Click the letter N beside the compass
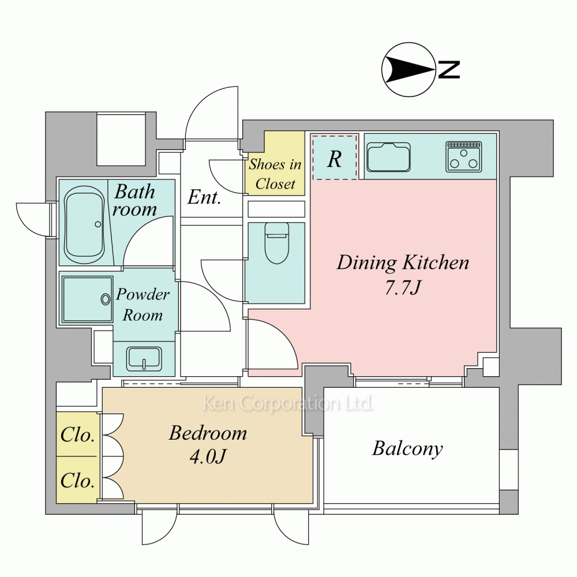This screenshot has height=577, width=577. (449, 70)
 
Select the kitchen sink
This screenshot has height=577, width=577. (388, 157)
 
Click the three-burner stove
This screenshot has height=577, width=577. (464, 157)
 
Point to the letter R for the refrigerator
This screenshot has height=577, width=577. (335, 159)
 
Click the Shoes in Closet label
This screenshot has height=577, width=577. (275, 174)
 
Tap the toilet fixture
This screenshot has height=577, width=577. (277, 243)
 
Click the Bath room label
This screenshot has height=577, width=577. (134, 200)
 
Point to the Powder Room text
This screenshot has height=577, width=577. (143, 304)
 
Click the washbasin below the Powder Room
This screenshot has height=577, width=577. (144, 359)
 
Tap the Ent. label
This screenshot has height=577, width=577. (204, 197)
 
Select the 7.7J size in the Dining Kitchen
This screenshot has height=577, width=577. (402, 287)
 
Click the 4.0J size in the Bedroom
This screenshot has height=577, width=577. (208, 456)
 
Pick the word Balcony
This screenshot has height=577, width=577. (407, 449)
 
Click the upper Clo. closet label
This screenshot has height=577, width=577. (78, 434)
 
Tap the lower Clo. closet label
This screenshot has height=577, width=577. (78, 480)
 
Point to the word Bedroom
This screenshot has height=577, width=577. (208, 433)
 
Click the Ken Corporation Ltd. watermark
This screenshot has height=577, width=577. (288, 403)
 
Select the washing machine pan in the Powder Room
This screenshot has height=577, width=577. (87, 299)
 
